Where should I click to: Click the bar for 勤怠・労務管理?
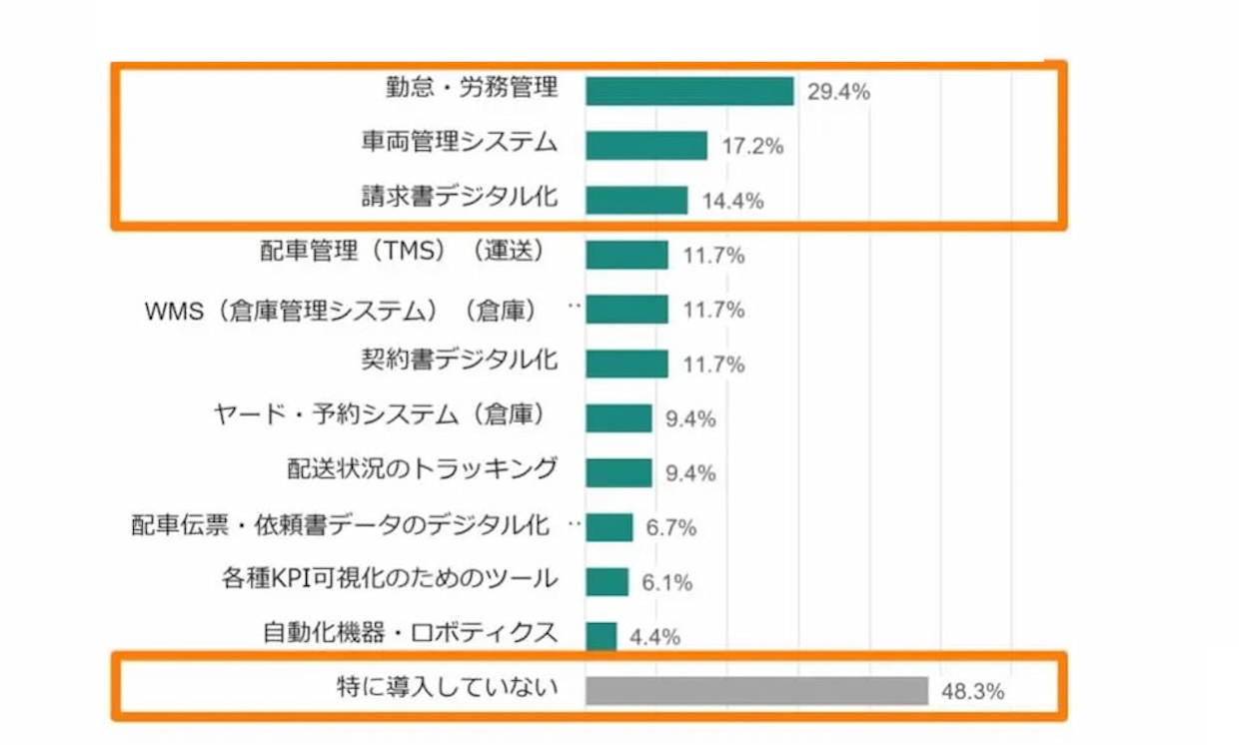pyautogui.click(x=689, y=92)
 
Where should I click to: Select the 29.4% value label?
pyautogui.click(x=838, y=93)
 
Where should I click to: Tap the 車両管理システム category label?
pyautogui.click(x=459, y=143)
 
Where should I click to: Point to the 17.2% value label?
pyautogui.click(x=751, y=147)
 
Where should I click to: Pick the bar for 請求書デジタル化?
pyautogui.click(x=636, y=200)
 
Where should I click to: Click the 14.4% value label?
pyautogui.click(x=732, y=201)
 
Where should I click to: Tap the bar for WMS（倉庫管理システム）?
pyautogui.click(x=626, y=310)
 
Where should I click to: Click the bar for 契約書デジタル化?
pyautogui.click(x=626, y=364)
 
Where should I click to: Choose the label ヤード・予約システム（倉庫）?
pyautogui.click(x=385, y=414)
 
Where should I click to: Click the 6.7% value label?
pyautogui.click(x=670, y=528)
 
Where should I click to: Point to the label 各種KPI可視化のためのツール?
pyautogui.click(x=389, y=578)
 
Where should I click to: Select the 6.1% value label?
pyautogui.click(x=666, y=583)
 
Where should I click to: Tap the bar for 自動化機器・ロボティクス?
pyautogui.click(x=601, y=636)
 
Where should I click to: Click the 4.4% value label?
pyautogui.click(x=654, y=637)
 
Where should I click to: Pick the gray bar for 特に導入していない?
pyautogui.click(x=757, y=690)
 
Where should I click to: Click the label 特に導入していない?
pyautogui.click(x=446, y=688)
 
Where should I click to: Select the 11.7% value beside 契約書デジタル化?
pyautogui.click(x=713, y=365)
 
